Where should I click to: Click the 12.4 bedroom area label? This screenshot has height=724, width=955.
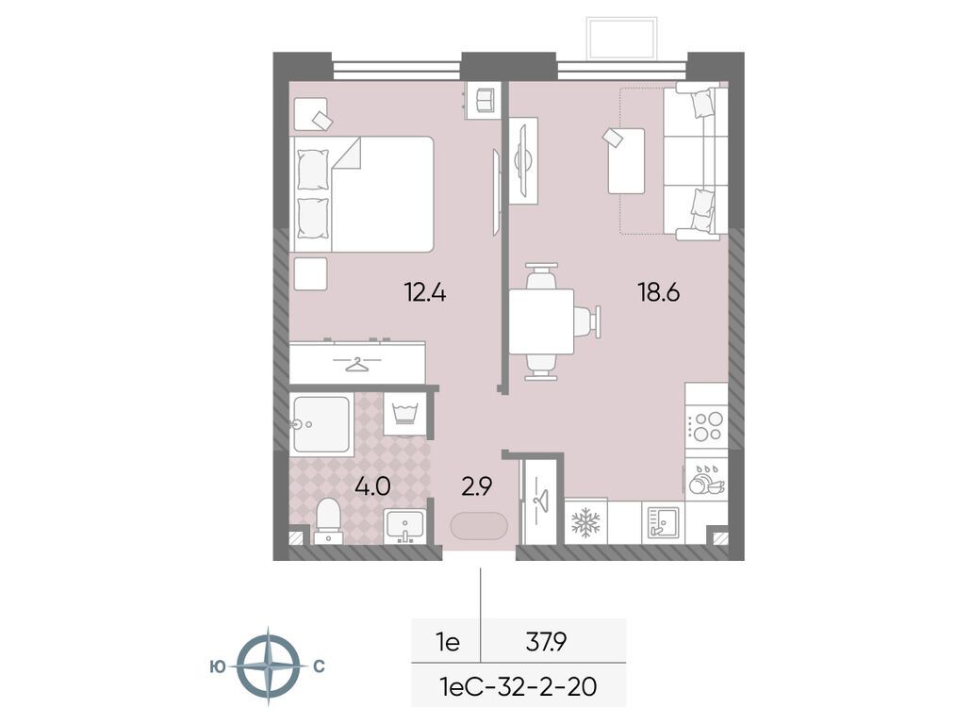pos(425,293)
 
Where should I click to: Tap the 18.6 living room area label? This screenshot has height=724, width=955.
pos(658,293)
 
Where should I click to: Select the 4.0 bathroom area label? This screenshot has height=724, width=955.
pos(372,486)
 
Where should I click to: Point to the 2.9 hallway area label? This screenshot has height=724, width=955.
pos(476,486)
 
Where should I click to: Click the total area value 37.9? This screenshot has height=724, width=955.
pos(547,641)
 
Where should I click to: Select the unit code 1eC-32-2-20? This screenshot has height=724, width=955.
pos(518,687)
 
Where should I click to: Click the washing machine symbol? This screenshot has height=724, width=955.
pos(404,414)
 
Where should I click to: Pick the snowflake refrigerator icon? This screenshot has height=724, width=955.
pos(585,522)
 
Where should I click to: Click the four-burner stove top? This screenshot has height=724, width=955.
pos(706,426)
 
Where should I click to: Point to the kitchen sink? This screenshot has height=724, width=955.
pos(662,523)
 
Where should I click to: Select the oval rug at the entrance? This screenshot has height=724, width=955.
pos(479,525)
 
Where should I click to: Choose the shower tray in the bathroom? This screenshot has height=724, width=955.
pos(321,425)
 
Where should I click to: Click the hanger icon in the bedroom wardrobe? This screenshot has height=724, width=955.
pos(358,364)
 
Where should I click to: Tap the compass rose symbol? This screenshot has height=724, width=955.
pos(268,666)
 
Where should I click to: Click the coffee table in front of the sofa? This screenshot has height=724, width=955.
pos(626,161)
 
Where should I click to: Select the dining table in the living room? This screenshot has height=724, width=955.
pos(541,321)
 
